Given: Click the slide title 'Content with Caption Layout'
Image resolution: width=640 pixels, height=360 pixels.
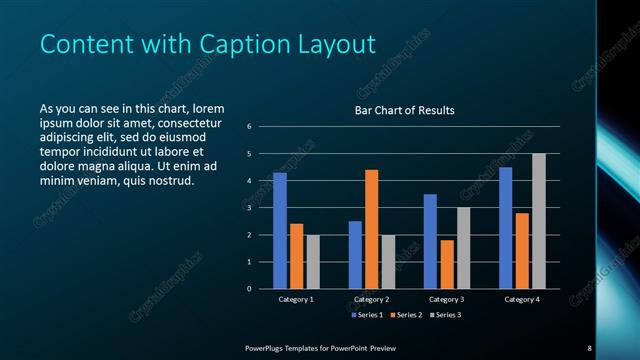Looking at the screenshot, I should click(207, 45).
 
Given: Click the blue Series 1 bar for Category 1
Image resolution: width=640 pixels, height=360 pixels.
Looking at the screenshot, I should click(280, 231).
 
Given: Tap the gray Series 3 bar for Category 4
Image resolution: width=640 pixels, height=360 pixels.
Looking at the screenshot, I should click(539, 221).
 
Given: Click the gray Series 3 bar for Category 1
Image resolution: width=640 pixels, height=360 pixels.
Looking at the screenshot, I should click(313, 262).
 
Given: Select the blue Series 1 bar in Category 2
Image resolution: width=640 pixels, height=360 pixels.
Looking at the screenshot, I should click(355, 255).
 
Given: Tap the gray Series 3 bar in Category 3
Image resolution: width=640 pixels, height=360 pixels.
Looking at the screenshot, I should click(463, 248).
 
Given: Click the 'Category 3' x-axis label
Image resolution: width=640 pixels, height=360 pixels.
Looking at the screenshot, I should click(446, 299).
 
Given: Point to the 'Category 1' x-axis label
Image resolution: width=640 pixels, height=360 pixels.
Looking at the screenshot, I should click(296, 299).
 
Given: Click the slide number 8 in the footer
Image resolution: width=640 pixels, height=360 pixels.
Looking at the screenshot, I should click(589, 347).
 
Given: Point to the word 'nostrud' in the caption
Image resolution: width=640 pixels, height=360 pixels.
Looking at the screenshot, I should click(166, 181).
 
